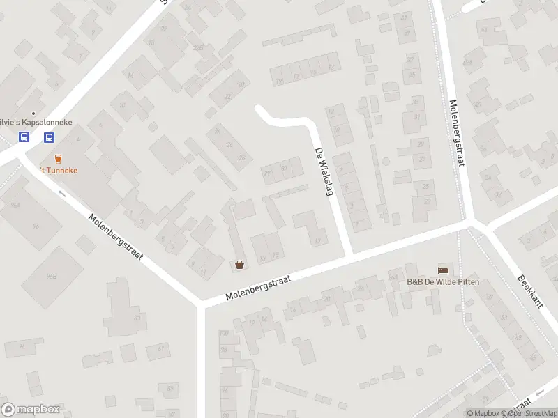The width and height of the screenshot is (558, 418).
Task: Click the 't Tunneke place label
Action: tap(57, 170)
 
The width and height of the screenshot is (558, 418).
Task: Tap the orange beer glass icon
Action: tap(57, 158)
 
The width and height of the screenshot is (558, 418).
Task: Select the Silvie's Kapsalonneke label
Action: tap(38, 121)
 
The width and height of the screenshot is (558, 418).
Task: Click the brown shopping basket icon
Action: tap(240, 265)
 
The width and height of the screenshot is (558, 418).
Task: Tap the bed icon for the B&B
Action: tap(443, 270)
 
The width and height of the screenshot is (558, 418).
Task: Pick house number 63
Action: tap(137, 318)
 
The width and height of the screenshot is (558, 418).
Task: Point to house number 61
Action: tap(160, 348)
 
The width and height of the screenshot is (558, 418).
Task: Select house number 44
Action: tap(484, 30)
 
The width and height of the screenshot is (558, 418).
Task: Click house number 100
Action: tap(224, 334)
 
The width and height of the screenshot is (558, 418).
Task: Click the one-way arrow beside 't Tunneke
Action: tap(62, 193)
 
